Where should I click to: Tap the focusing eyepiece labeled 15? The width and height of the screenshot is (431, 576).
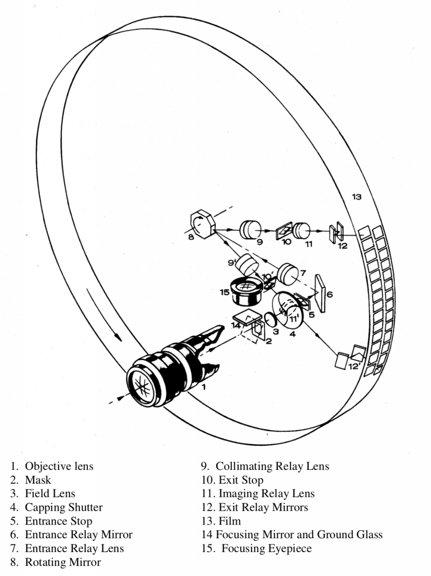point(246,292)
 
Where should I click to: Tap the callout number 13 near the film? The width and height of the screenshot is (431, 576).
point(356,196)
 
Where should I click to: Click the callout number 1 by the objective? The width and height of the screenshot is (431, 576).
point(204,387)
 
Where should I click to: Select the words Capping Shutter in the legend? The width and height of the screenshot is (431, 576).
point(64,507)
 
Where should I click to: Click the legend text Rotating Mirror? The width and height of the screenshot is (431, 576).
point(63,562)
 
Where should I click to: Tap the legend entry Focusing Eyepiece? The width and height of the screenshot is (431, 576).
point(266,548)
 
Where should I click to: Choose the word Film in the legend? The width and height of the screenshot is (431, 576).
point(230,521)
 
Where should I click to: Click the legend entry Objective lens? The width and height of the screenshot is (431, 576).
point(59,466)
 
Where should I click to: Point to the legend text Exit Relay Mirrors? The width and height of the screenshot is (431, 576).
point(263,507)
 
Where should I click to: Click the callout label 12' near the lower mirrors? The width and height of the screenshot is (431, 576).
point(354,366)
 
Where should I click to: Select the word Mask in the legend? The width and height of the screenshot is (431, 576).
point(38,480)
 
